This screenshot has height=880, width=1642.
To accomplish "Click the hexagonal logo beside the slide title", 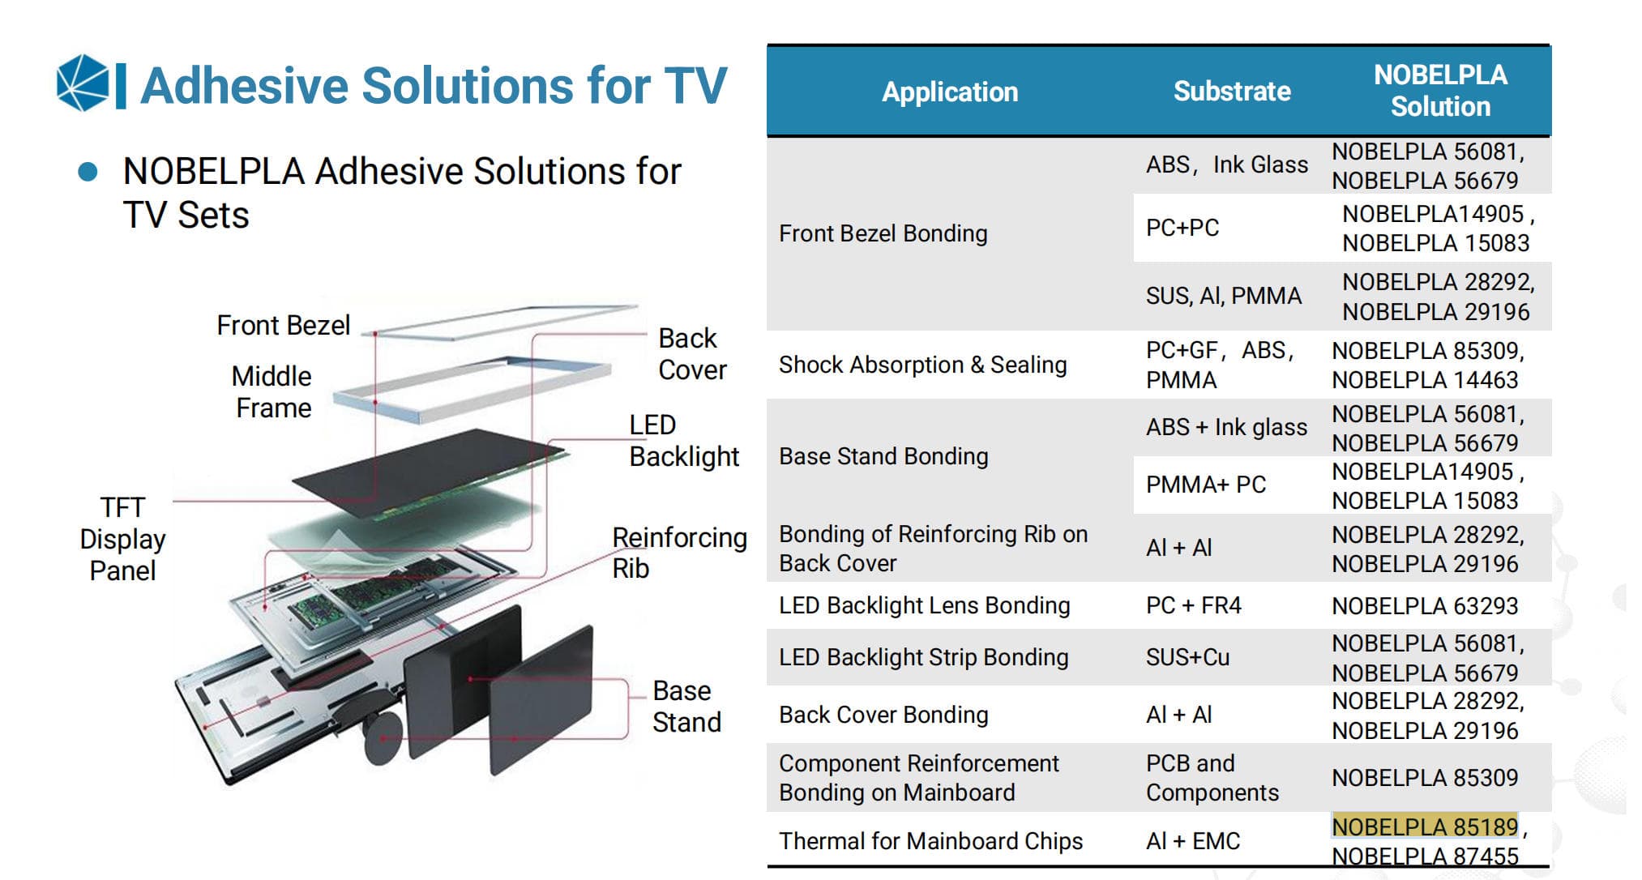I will coord(83,83).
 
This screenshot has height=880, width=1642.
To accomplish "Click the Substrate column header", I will coord(1231,92).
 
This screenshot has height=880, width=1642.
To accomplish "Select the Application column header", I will coord(949,92).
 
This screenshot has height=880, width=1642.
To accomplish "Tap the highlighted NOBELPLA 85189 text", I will coord(1424,827).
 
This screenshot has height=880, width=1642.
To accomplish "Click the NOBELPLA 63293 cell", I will coord(1424,606).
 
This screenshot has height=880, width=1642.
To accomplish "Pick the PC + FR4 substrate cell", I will coord(1193,606).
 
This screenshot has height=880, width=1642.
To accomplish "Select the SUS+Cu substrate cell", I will coord(1187,657).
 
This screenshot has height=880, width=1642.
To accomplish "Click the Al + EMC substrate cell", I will coord(1192,841).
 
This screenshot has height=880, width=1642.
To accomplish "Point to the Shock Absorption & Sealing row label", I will coord(922,365).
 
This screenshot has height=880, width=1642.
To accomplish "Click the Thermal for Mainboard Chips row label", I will coord(930,841).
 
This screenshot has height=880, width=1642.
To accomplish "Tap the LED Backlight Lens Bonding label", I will coord(924,606).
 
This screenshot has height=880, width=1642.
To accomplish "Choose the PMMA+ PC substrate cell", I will coord(1205,485).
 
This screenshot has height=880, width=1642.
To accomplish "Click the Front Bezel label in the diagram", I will coord(283,326).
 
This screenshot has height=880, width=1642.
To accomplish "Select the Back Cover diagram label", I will coord(691,354).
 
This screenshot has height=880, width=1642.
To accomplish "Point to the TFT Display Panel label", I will coord(122,539).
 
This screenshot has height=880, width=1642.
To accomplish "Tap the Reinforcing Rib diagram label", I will coord(678,553).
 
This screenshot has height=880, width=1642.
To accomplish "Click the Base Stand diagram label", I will coord(686,707).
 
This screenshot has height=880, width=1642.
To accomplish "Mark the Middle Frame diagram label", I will coord(272,392).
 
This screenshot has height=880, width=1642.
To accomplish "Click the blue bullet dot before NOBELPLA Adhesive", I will coord(88,172).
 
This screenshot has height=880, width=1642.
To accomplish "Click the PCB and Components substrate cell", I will coord(1212,778).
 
